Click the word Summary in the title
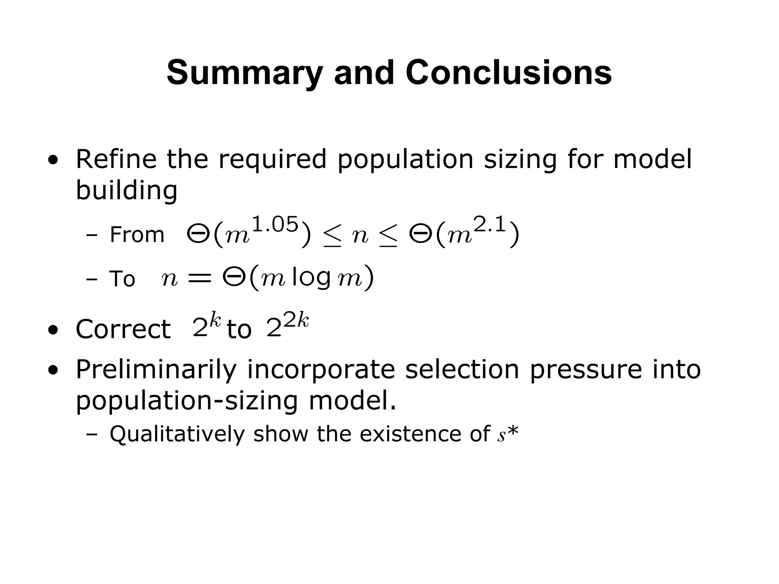click(x=245, y=73)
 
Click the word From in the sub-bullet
click(x=137, y=235)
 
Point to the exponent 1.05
click(x=275, y=225)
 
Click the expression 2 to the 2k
click(x=287, y=326)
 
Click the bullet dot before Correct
click(x=53, y=330)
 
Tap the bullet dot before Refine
click(x=53, y=160)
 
